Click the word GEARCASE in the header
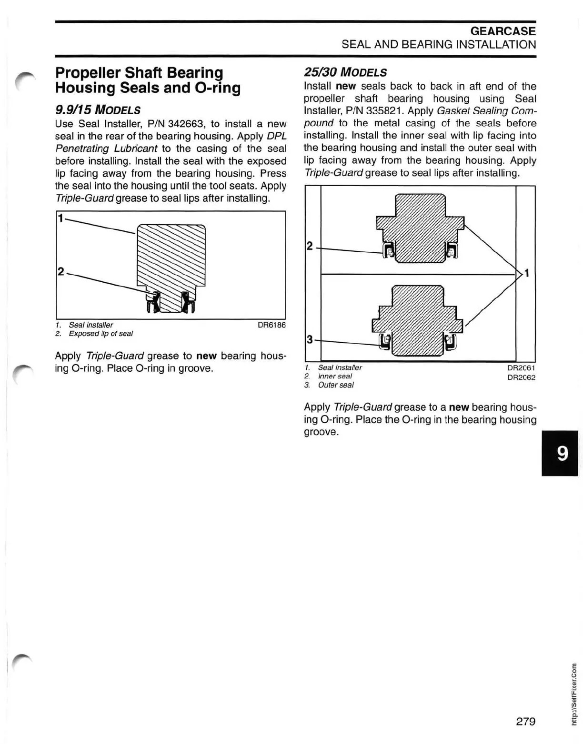(503, 31)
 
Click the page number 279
(525, 721)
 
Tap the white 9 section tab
(562, 453)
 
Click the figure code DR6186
(271, 325)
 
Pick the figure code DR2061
(521, 368)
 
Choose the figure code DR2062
(521, 377)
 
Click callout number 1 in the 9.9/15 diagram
(60, 218)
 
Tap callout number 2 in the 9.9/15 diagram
(60, 272)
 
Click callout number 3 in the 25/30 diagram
(310, 339)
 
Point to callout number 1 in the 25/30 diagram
(527, 273)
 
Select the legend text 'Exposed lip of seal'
(101, 334)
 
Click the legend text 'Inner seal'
(335, 376)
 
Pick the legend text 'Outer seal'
(336, 385)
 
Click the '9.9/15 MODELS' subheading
(98, 110)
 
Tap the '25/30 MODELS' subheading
(345, 72)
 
